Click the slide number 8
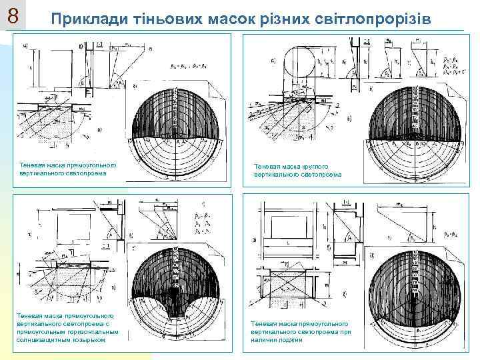click(13, 15)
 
